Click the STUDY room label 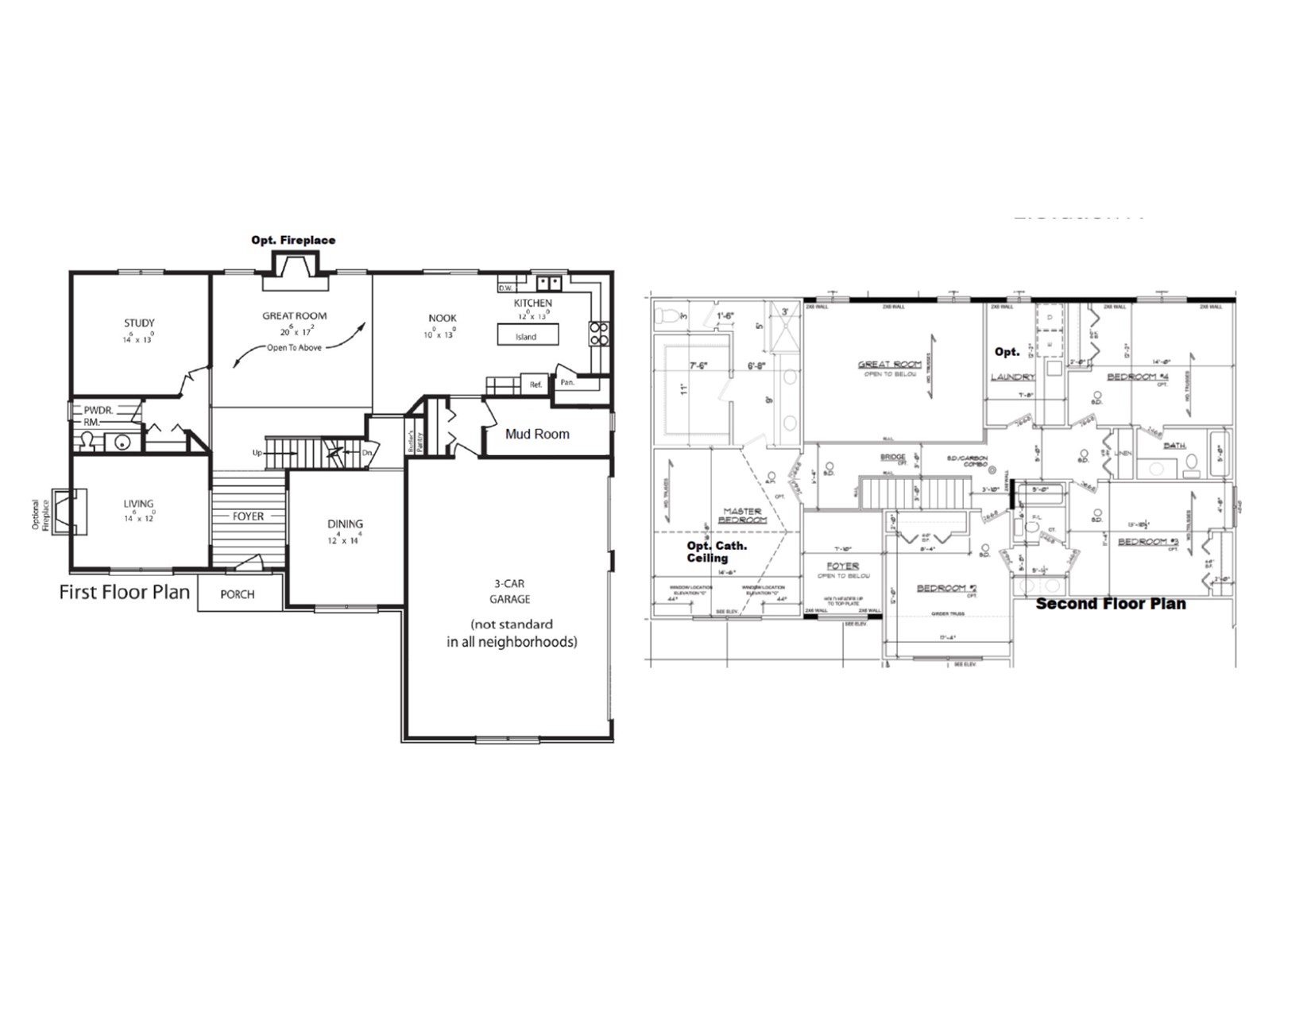click(x=139, y=323)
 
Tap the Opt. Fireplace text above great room click(x=293, y=240)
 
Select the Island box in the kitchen click(x=526, y=335)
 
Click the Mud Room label click(x=537, y=434)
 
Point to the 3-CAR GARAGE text click(x=509, y=591)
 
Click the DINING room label click(x=345, y=524)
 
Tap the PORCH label click(x=237, y=594)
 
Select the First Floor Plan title click(x=125, y=592)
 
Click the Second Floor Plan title click(x=1110, y=604)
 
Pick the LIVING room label click(x=138, y=504)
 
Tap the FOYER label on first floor click(x=248, y=516)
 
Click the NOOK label click(x=443, y=319)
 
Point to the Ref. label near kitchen click(x=536, y=385)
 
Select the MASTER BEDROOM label click(x=742, y=516)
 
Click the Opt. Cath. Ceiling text click(x=716, y=552)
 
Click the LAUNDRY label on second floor click(x=1012, y=377)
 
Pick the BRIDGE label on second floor click(x=893, y=458)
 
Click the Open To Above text click(x=294, y=348)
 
